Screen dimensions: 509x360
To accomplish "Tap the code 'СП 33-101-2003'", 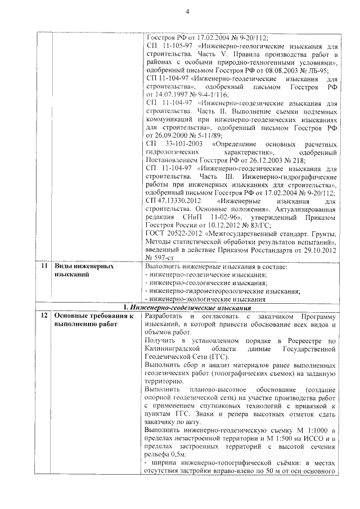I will coord(169,144).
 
